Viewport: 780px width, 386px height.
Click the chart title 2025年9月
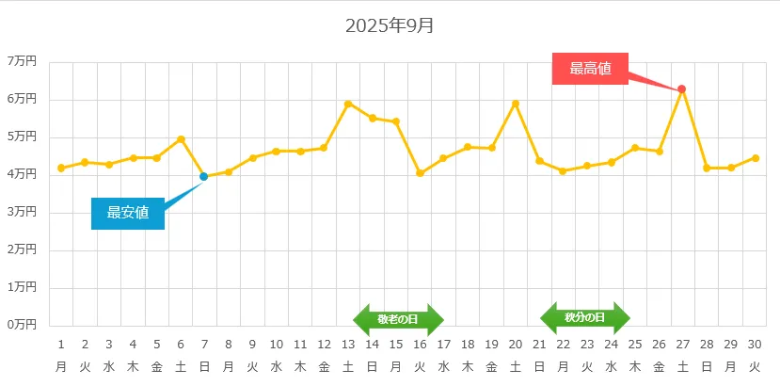(x=390, y=26)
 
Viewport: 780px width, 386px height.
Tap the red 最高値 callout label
(x=590, y=69)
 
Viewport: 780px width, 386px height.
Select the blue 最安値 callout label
(x=128, y=213)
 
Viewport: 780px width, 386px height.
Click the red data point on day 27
(x=682, y=89)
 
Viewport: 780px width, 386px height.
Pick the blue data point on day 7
(x=204, y=176)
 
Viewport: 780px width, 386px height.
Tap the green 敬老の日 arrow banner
(x=398, y=319)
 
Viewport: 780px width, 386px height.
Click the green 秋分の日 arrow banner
(x=584, y=318)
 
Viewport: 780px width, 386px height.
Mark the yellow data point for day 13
(x=348, y=104)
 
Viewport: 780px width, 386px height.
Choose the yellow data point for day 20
(x=516, y=104)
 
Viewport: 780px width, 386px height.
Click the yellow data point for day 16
(x=420, y=173)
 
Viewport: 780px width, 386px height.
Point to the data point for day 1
(x=61, y=168)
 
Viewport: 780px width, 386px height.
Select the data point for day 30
(x=755, y=158)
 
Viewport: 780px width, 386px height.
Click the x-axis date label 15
(x=396, y=345)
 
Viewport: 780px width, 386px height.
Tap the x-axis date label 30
(x=755, y=345)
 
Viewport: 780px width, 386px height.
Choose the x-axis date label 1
(x=61, y=345)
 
